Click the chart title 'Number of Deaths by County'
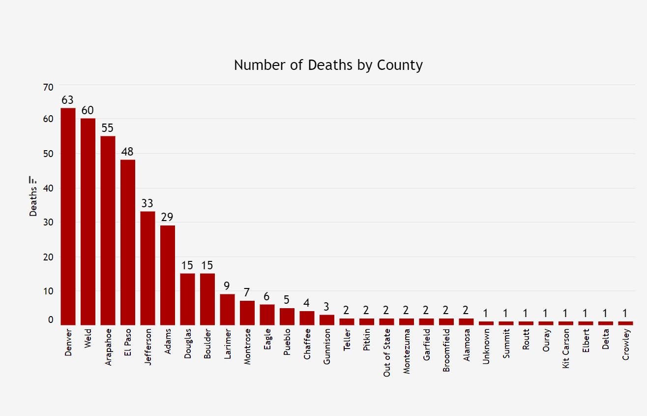328,65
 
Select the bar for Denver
68,217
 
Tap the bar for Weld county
88,222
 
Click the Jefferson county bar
147,268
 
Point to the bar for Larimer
227,310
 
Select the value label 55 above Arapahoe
108,128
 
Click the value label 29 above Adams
168,217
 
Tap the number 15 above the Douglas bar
187,265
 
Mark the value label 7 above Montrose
247,293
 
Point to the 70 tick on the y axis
48,88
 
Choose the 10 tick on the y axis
48,291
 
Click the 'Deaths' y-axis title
33,201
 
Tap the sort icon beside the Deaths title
33,180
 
